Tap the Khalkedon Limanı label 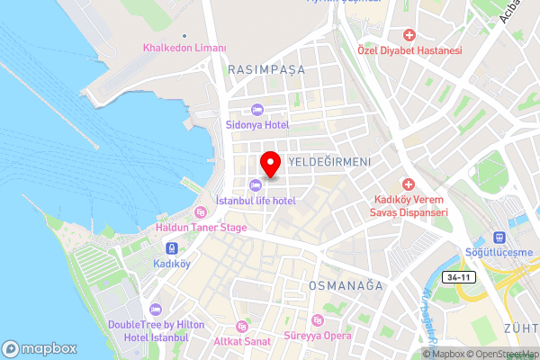pyautogui.click(x=184, y=48)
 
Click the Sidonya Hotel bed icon pyautogui.click(x=256, y=109)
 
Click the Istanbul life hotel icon pyautogui.click(x=256, y=184)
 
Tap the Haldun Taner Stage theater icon pyautogui.click(x=200, y=212)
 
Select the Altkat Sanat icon pyautogui.click(x=240, y=326)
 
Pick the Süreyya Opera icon pyautogui.click(x=316, y=321)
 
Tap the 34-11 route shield pyautogui.click(x=459, y=276)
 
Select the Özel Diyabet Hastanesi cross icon pyautogui.click(x=409, y=35)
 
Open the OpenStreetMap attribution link pyautogui.click(x=500, y=354)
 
